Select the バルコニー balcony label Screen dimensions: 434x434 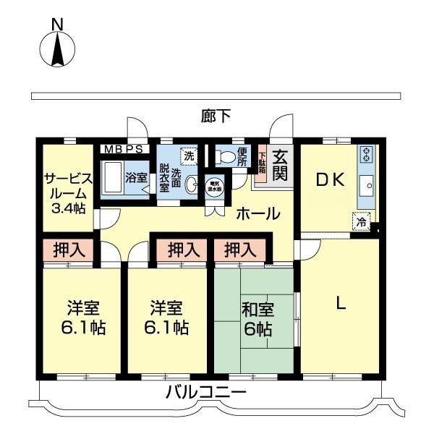pos(206,393)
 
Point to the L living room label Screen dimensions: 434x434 pos(339,304)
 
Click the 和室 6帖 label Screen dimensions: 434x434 pos(256,320)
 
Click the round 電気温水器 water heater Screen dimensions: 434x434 pos(215,185)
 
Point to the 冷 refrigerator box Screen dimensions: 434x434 pos(361,222)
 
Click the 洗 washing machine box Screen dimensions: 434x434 pos(189,156)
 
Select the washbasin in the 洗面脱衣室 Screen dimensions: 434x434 pos(192,186)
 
